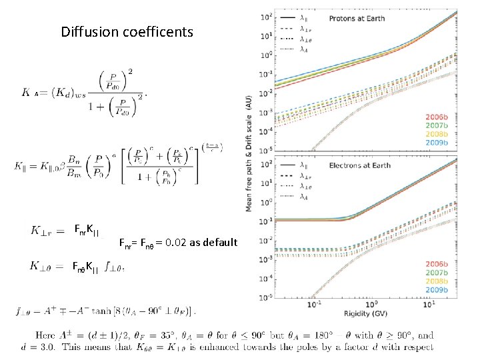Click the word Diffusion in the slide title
[87, 31]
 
